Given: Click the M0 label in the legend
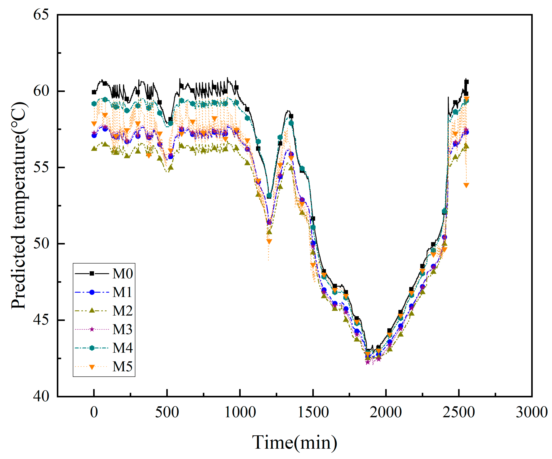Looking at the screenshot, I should [123, 274].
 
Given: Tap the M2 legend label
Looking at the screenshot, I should [123, 311].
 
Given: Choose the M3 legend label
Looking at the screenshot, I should [123, 329].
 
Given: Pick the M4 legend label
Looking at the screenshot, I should [123, 348].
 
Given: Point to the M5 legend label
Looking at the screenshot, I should [123, 367].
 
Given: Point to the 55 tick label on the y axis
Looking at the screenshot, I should [41, 167].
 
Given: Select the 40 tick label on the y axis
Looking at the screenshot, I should [41, 396].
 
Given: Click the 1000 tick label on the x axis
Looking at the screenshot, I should [240, 412].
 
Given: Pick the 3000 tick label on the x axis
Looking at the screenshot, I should [532, 412].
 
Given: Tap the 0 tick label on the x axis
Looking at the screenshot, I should [94, 412].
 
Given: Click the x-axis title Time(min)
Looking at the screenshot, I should [294, 442].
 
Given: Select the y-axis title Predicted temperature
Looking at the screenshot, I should [19, 205].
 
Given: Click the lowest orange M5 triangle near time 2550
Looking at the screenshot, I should [466, 185].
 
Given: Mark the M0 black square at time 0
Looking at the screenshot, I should [94, 92].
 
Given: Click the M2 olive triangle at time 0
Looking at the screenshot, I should [94, 149].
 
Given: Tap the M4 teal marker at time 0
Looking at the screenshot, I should [94, 104].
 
